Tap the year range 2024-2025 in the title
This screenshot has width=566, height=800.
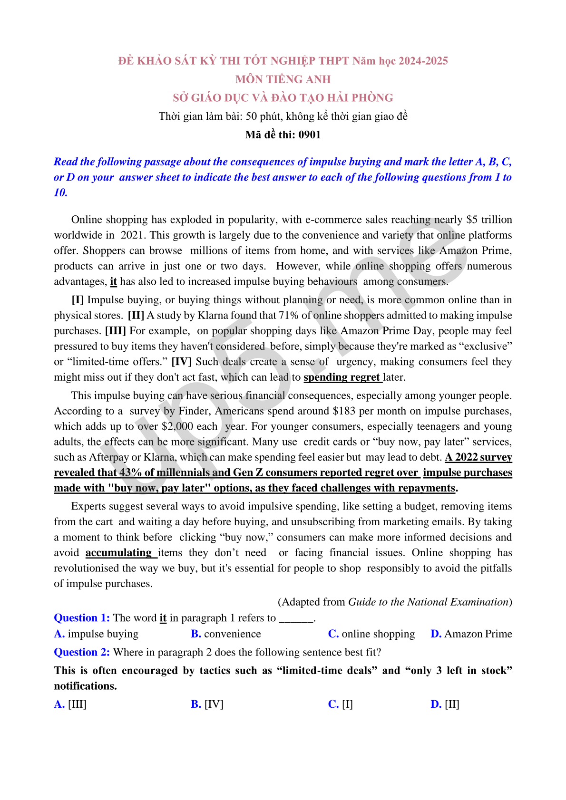423,61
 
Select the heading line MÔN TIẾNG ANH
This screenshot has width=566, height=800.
283,79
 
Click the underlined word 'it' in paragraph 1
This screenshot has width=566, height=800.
113,282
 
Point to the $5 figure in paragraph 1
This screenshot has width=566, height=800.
472,220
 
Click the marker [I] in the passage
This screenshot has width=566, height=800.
78,300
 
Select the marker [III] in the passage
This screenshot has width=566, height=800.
115,331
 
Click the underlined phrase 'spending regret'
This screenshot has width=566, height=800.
342,377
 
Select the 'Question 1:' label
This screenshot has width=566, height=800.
82,618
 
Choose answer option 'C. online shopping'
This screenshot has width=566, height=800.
371,634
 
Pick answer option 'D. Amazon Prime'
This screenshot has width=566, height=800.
471,634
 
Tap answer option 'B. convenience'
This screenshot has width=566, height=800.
226,634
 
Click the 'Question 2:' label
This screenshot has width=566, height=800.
82,652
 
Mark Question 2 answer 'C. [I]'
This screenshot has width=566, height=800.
341,704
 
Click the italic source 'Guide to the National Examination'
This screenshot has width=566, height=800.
429,602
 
